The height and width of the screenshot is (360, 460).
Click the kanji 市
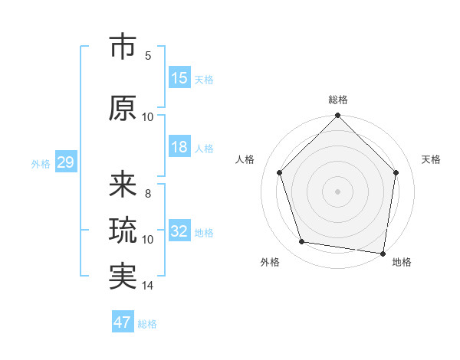tap(123, 47)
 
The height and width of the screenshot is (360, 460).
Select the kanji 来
tap(123, 185)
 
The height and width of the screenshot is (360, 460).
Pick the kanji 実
tap(123, 277)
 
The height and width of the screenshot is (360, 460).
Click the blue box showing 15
tap(179, 78)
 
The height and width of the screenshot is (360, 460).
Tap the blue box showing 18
tap(179, 148)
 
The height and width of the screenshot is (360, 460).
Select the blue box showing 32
tap(179, 231)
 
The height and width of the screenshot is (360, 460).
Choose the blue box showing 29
tap(65, 162)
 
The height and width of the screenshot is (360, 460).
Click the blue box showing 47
tap(123, 322)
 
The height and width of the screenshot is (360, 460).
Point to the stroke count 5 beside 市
tap(148, 56)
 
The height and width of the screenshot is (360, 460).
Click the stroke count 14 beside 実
tap(148, 286)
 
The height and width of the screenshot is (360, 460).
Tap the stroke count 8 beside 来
tap(148, 194)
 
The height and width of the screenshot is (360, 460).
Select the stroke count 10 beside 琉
tap(148, 240)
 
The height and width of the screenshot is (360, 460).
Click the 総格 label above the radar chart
tap(338, 100)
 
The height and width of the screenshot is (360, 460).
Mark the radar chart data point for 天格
tap(396, 172)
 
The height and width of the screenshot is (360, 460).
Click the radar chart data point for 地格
tap(383, 253)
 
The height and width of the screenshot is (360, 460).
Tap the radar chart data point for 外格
tap(302, 242)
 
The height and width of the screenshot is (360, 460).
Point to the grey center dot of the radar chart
tap(338, 191)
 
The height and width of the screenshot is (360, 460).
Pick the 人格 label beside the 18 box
tap(204, 149)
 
